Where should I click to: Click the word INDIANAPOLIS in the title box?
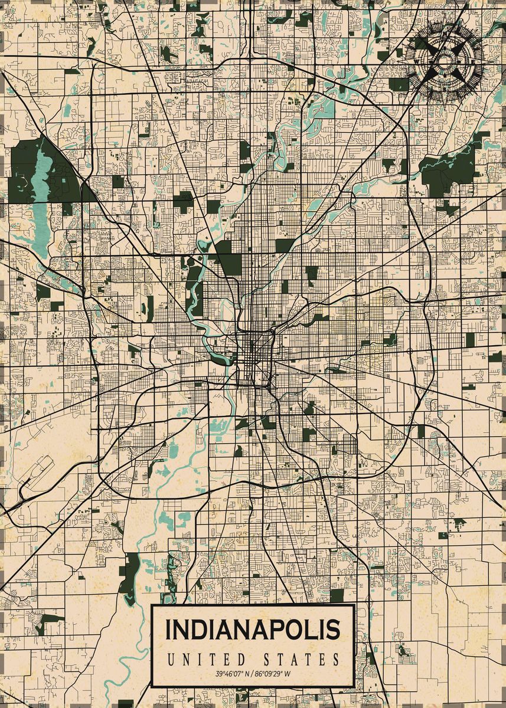tap(253, 630)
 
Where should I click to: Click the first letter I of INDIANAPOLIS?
tap(169, 630)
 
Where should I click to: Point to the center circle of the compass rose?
tap(444, 60)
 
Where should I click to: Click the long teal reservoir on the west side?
tap(41, 195)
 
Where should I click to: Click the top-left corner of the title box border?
tap(152, 606)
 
